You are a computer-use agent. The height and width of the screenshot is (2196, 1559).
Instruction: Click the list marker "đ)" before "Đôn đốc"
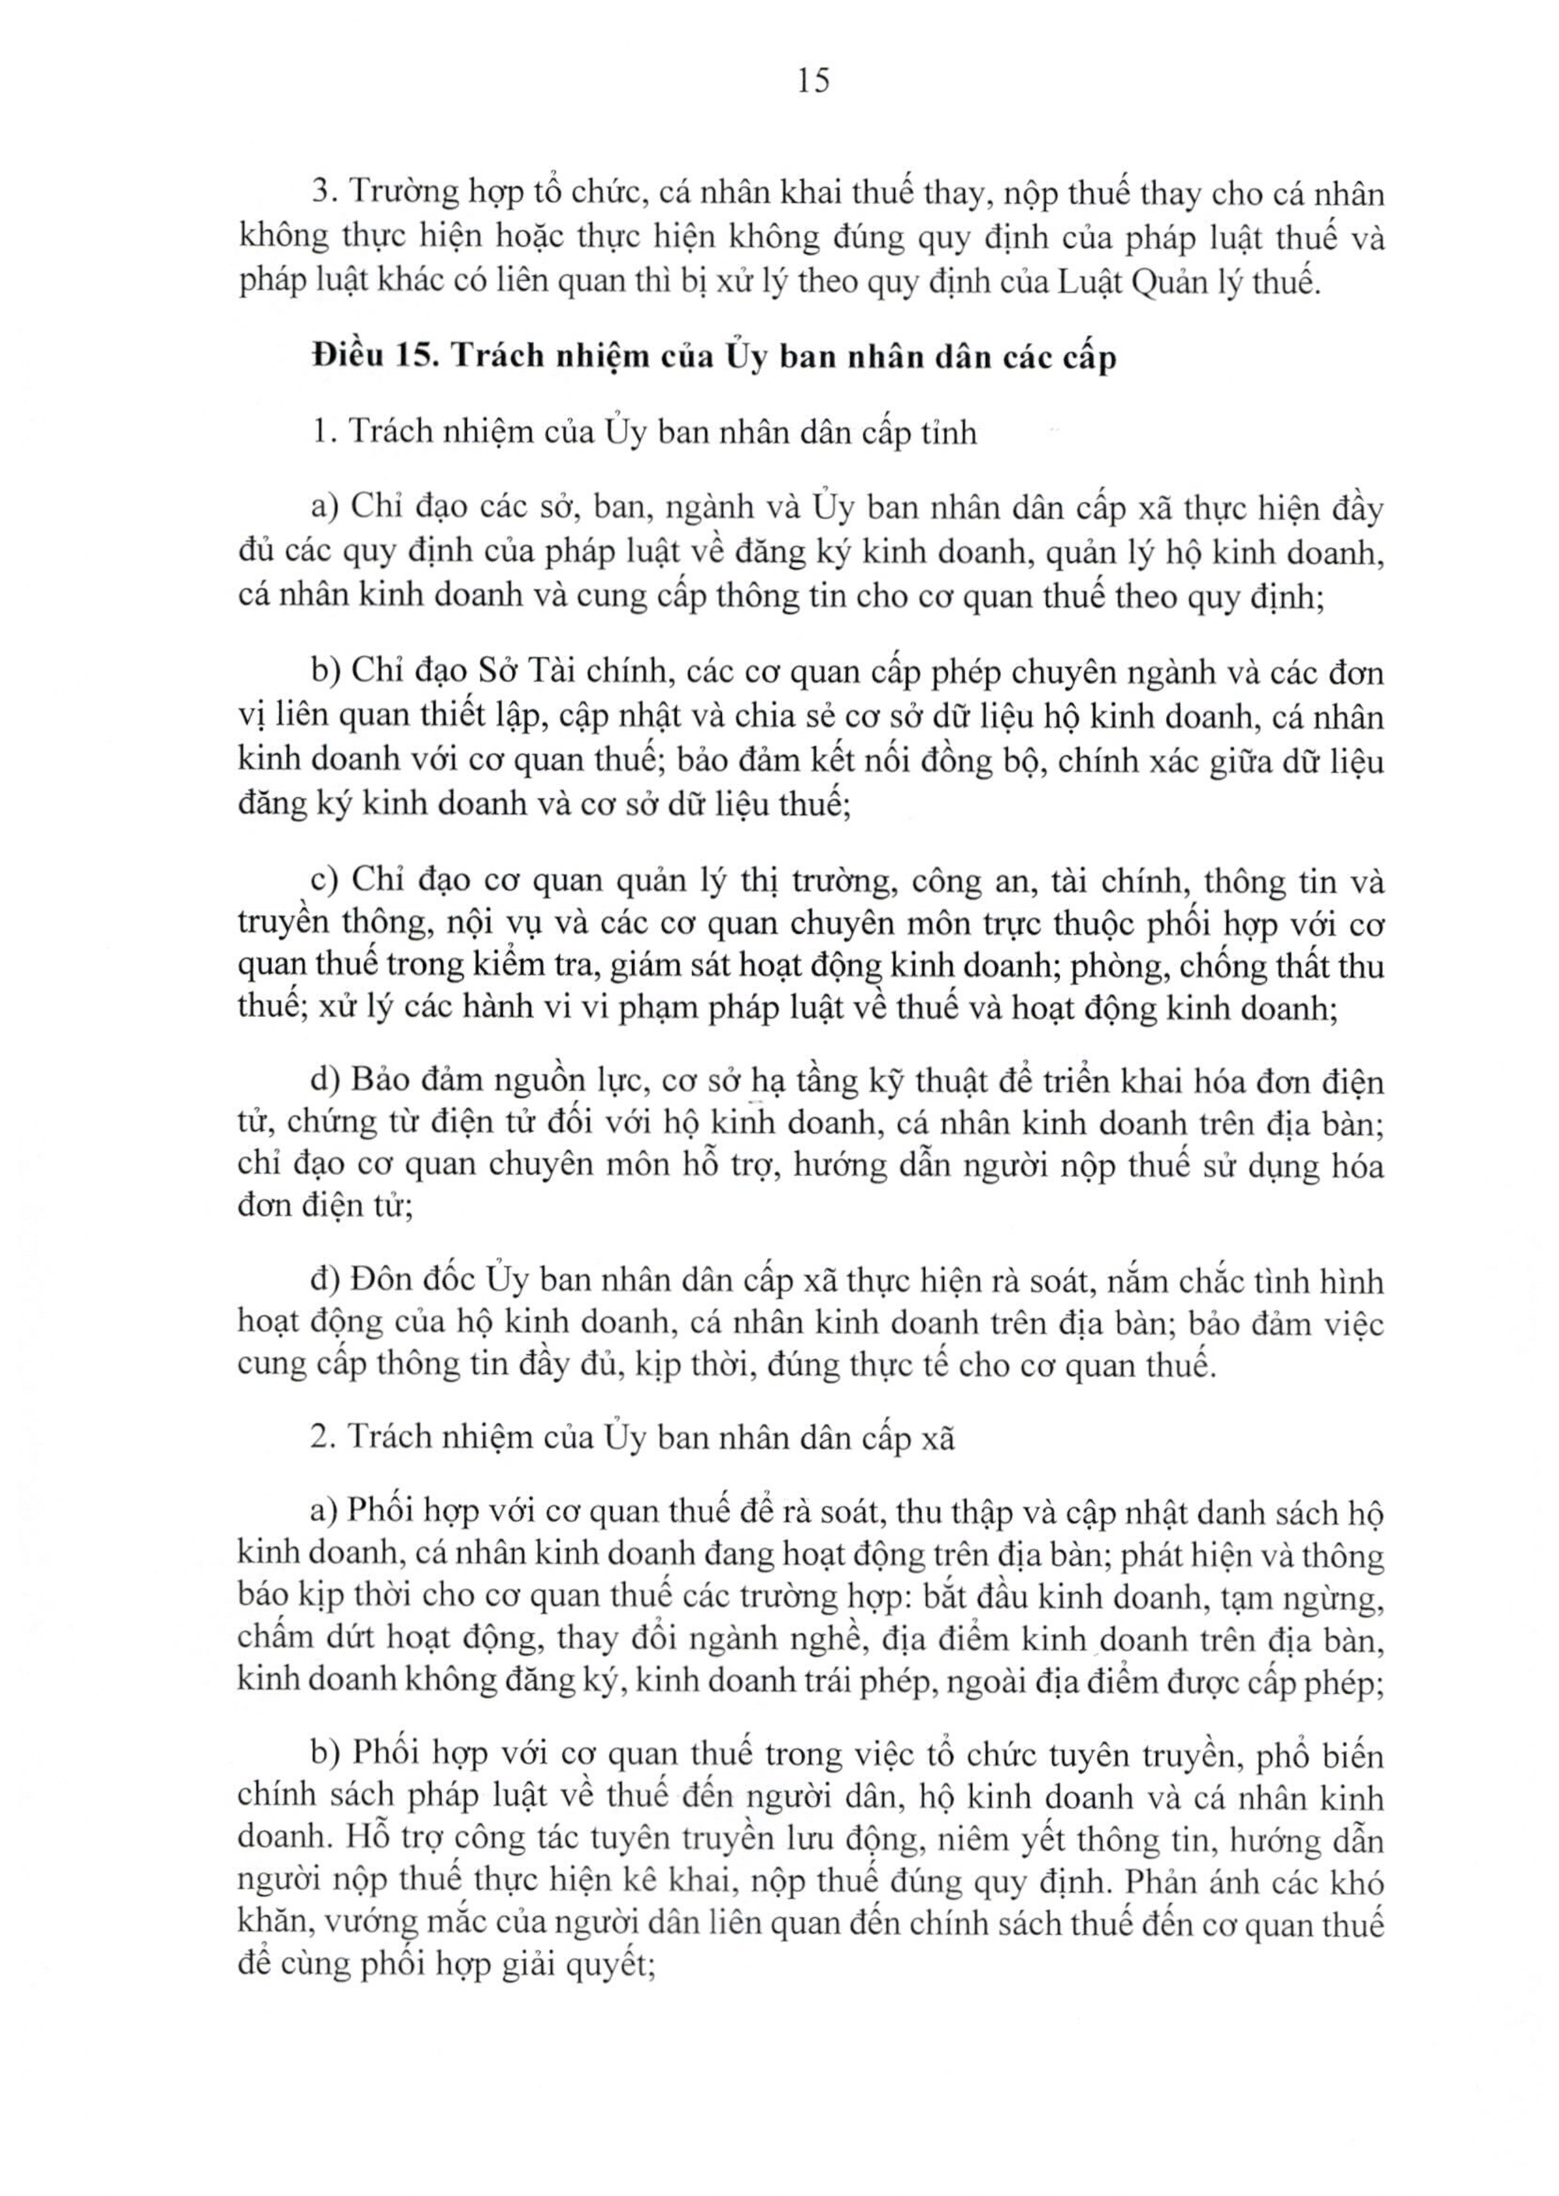325,1280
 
